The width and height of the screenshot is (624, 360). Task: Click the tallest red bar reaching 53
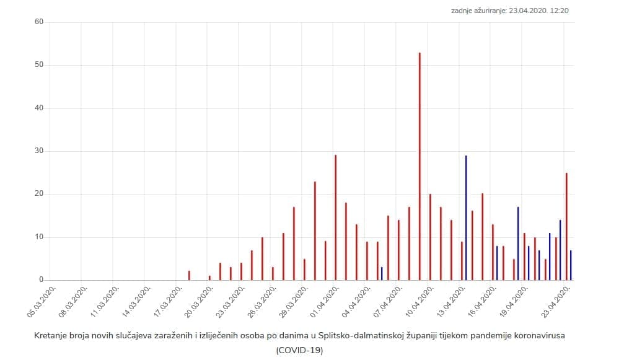coord(420,167)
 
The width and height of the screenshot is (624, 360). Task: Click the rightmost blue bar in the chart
coord(571,265)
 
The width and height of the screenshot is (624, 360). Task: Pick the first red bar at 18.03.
coord(189,276)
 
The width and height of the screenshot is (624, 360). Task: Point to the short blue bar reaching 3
coord(382,274)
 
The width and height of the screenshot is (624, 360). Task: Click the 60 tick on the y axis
coord(39,22)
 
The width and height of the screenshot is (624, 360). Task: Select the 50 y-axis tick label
coord(39,65)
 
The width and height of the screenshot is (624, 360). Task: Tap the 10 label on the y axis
coord(39,237)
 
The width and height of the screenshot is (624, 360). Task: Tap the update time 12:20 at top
coord(558,11)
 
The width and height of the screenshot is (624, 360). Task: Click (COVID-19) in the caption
coord(299,350)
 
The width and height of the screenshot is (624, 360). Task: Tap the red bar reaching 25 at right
coord(566,227)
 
